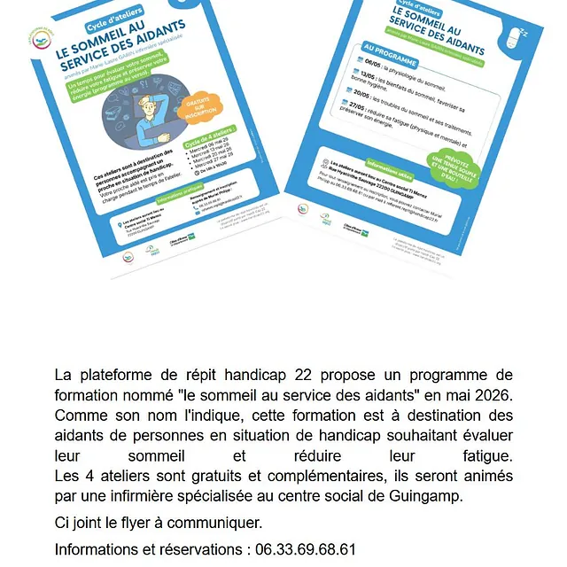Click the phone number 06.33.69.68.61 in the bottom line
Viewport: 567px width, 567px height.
(x=305, y=549)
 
